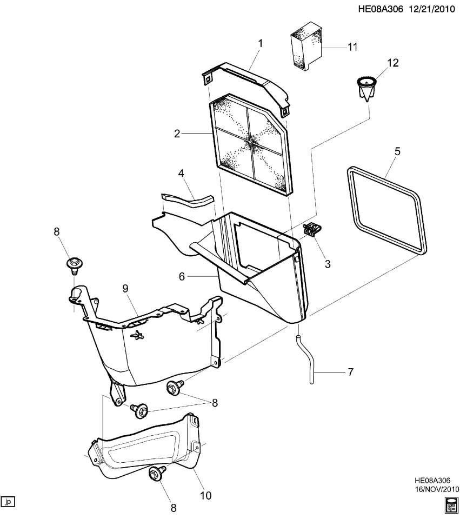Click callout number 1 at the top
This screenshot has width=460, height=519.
click(x=259, y=42)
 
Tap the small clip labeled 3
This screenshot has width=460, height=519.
click(x=312, y=230)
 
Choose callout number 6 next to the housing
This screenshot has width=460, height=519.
click(x=183, y=276)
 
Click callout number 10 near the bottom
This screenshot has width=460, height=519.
click(x=206, y=494)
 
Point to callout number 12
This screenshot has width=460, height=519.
click(x=392, y=63)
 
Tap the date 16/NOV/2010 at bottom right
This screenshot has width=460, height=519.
click(x=436, y=489)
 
